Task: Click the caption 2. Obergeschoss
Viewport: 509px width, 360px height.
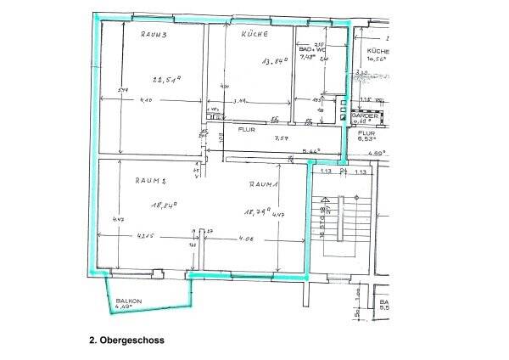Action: click(x=126, y=340)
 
